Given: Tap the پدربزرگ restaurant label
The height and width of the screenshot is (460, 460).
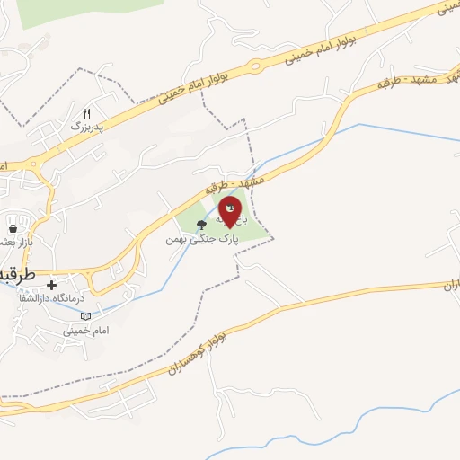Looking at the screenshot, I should point(87,127).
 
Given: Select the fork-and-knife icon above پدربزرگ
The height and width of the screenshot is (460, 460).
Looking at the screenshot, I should point(87,113).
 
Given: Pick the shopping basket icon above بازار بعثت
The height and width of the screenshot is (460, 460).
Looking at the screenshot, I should point(10,228).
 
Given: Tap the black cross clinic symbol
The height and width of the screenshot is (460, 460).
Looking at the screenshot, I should point(64,285).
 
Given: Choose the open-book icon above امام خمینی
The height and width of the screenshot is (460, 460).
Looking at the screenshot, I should point(86,316).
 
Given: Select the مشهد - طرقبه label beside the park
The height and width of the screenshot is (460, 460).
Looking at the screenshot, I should point(235,183).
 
